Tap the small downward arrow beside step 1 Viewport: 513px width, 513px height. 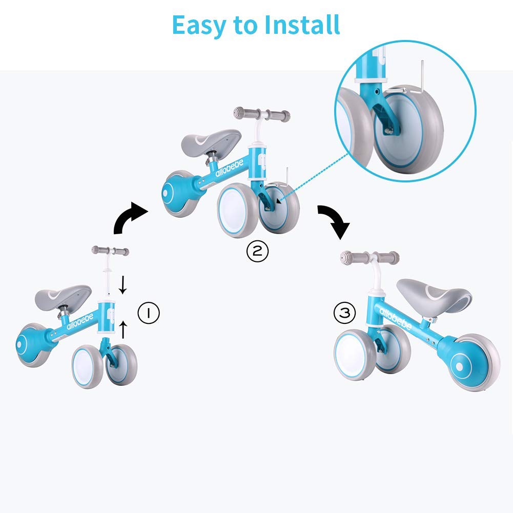point(122,285)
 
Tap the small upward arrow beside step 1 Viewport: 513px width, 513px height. point(123,330)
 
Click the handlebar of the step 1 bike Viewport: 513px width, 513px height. point(110,251)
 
